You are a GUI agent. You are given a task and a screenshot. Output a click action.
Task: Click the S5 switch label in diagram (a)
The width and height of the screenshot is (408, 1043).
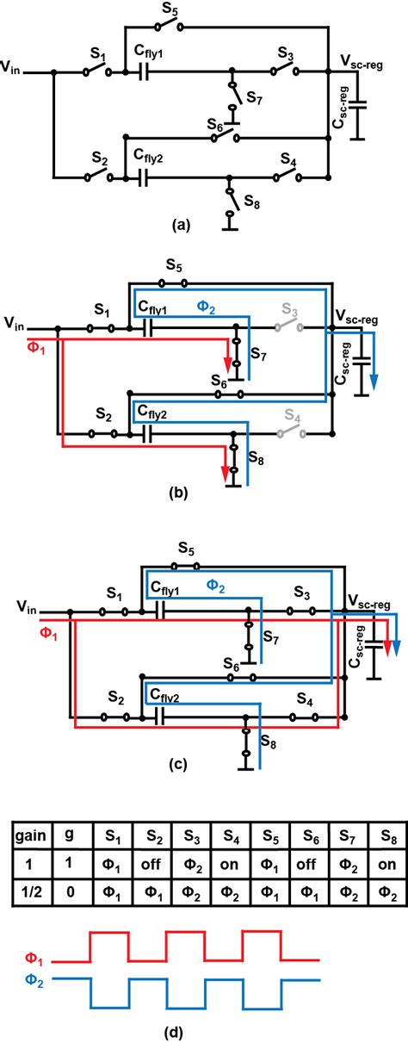tap(170, 10)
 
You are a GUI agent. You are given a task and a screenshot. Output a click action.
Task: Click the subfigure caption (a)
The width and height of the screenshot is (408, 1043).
tap(180, 226)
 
